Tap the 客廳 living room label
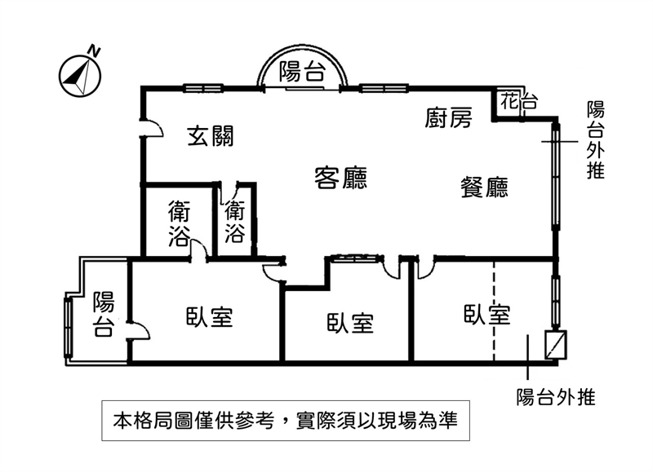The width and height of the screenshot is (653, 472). [x=340, y=176]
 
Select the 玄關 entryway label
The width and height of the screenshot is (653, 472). [x=211, y=136]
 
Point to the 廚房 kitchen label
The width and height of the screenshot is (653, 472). [x=448, y=119]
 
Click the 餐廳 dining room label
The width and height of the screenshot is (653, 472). [x=485, y=188]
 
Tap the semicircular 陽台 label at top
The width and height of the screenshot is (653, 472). [x=300, y=72]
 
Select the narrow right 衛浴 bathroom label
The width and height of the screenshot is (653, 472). [x=235, y=222]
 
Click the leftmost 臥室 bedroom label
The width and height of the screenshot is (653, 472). [x=209, y=317]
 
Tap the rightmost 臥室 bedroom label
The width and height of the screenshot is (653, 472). [x=486, y=315]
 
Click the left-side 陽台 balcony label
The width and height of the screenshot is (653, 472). [x=103, y=314]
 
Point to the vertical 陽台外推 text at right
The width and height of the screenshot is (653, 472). [x=596, y=140]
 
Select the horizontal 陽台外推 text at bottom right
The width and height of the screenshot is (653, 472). [x=555, y=398]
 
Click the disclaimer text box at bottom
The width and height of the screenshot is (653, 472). [x=285, y=421]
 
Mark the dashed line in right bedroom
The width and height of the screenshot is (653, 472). [x=494, y=310]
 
